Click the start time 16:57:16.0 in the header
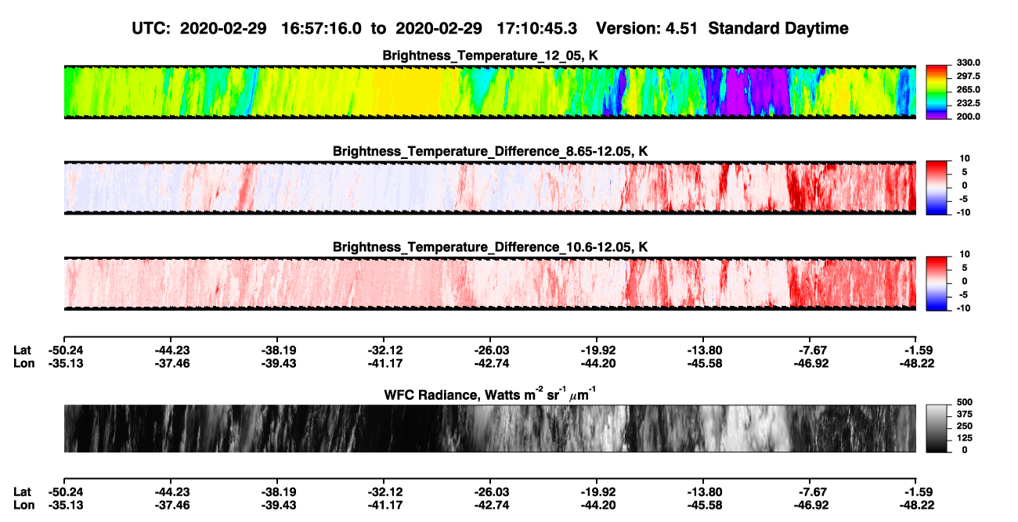tap(321, 29)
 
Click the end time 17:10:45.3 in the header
tap(536, 29)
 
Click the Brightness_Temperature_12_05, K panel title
tap(490, 56)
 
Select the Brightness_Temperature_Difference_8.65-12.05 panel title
tap(490, 151)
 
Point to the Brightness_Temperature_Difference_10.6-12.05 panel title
tap(490, 247)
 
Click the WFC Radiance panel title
tap(490, 394)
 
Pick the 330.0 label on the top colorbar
tap(968, 63)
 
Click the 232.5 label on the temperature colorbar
tap(968, 103)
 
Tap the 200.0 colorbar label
tap(968, 117)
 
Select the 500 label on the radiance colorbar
tap(965, 402)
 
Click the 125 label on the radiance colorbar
tap(965, 438)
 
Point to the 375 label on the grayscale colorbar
tap(965, 414)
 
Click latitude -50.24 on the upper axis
tap(66, 351)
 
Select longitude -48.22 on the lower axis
tap(917, 506)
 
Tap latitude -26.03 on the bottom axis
tap(492, 492)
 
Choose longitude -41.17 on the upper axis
tap(385, 363)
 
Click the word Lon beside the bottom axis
tap(23, 506)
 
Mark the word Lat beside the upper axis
tap(22, 351)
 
